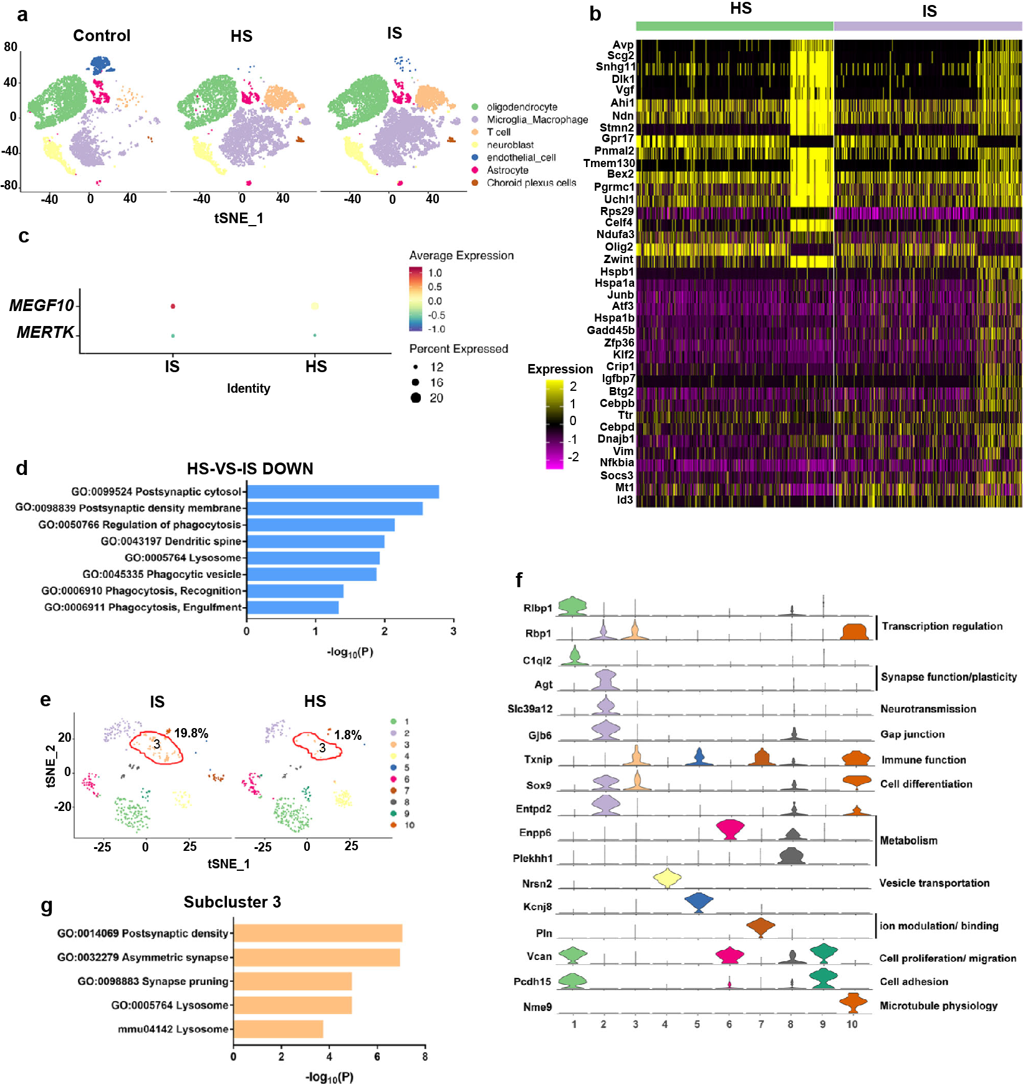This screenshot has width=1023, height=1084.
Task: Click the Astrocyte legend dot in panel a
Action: click(x=475, y=170)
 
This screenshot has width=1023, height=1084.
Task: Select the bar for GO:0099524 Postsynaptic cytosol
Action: click(x=343, y=492)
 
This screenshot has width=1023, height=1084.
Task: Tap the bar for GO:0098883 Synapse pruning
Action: click(x=292, y=981)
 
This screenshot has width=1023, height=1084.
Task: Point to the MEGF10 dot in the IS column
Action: click(x=173, y=306)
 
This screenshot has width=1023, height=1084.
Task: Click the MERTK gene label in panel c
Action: click(x=45, y=332)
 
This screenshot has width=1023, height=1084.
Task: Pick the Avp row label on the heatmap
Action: click(x=623, y=45)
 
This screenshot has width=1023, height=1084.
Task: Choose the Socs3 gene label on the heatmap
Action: click(x=617, y=476)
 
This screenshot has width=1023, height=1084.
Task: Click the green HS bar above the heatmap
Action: click(x=734, y=26)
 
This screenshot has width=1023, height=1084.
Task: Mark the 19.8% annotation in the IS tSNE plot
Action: click(x=191, y=733)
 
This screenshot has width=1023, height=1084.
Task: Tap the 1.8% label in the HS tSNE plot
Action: click(x=348, y=735)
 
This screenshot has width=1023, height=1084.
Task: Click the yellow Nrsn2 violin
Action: click(x=667, y=878)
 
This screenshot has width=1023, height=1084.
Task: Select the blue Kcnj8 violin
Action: click(x=699, y=902)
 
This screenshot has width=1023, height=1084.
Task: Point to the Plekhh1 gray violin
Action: click(x=792, y=856)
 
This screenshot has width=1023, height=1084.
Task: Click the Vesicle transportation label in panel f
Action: click(x=934, y=883)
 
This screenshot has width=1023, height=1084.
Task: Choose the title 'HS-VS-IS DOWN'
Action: click(x=250, y=469)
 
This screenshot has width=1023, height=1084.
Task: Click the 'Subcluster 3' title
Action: click(x=232, y=902)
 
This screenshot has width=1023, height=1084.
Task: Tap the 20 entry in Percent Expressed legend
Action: click(x=436, y=398)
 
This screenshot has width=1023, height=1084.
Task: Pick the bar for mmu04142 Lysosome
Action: click(x=278, y=1029)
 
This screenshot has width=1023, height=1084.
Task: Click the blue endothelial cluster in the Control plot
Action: click(x=100, y=64)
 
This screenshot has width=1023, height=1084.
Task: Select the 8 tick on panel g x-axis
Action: click(x=425, y=1057)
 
